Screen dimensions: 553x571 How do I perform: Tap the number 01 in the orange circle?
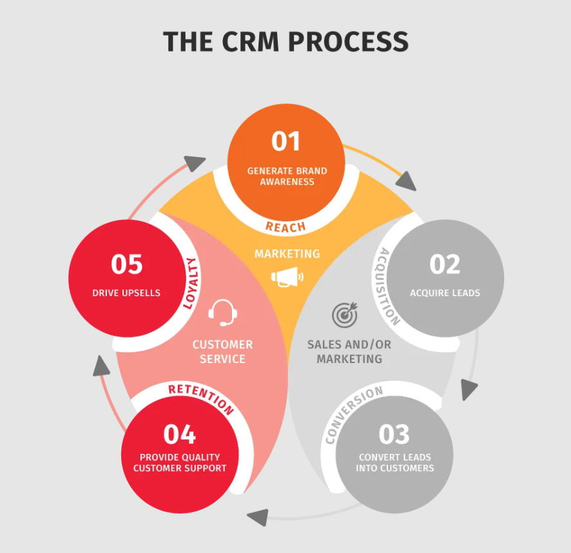coord(286,141)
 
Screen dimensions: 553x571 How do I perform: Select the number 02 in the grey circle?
coord(445,264)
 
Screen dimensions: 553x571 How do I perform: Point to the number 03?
coord(394,434)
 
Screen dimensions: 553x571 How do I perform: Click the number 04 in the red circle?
coord(180,434)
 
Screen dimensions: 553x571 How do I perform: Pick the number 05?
coord(126,264)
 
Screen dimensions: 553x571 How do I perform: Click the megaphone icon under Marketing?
coord(287,277)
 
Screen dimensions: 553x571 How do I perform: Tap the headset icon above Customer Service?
coord(223,313)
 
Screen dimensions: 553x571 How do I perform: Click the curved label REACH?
coord(285,227)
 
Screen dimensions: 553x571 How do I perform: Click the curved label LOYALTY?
coord(190,283)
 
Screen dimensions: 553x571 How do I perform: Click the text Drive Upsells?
coord(126,293)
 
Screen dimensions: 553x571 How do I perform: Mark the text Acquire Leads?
coord(445,293)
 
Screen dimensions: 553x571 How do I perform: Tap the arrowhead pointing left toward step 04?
coord(258,516)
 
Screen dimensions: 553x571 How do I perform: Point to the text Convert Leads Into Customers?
coord(394,462)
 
